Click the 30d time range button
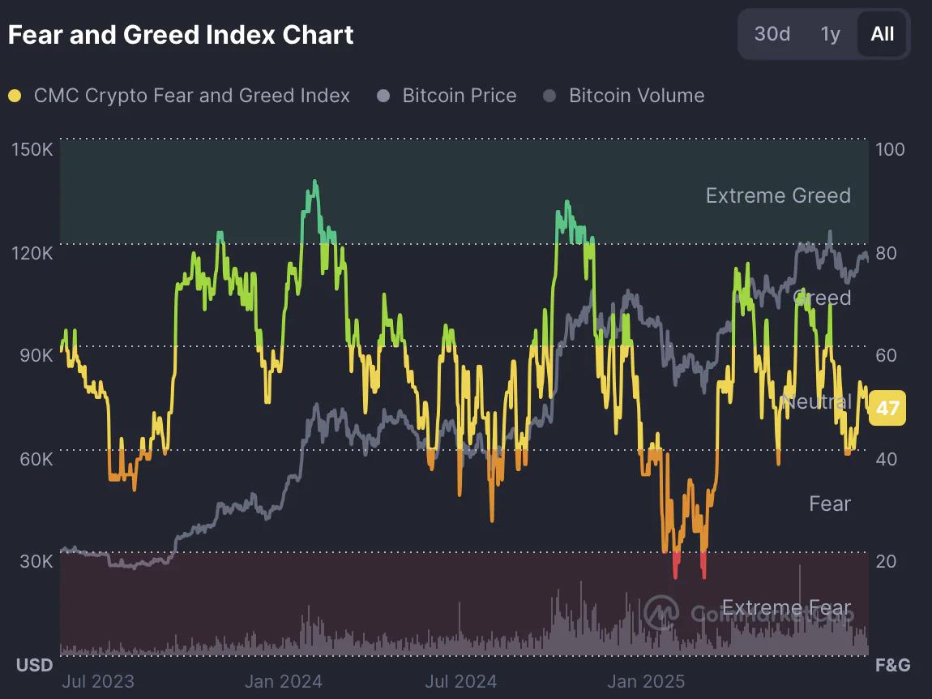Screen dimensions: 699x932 [772, 34]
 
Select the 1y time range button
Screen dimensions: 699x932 [830, 34]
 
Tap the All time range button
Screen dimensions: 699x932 [882, 34]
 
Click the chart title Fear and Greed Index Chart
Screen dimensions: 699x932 [181, 35]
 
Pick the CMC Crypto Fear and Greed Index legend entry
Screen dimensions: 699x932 [191, 96]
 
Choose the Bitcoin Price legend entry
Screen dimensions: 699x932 [459, 96]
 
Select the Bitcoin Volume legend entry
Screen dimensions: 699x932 [636, 96]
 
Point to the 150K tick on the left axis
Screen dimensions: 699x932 [33, 150]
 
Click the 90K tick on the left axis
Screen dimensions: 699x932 [36, 355]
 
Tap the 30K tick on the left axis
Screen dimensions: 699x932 [36, 561]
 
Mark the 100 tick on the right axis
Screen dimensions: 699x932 [891, 150]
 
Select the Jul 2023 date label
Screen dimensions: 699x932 [98, 681]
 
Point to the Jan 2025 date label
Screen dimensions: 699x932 [646, 681]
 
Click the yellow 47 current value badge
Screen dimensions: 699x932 [887, 407]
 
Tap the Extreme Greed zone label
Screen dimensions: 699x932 [778, 195]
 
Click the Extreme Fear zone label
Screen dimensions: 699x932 [786, 608]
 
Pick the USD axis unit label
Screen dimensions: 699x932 [35, 666]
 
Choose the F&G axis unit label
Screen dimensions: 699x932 [892, 666]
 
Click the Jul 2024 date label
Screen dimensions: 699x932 [461, 681]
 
